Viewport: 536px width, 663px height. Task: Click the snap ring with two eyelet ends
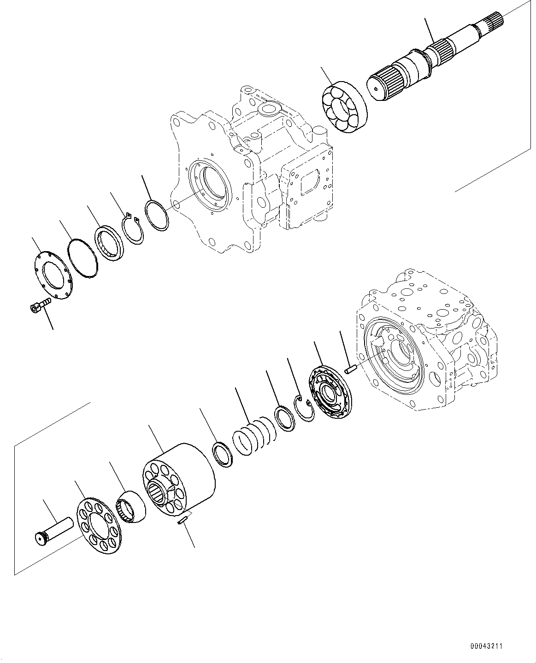pyautogui.click(x=133, y=229)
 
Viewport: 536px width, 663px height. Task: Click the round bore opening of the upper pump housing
pyautogui.click(x=214, y=187)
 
